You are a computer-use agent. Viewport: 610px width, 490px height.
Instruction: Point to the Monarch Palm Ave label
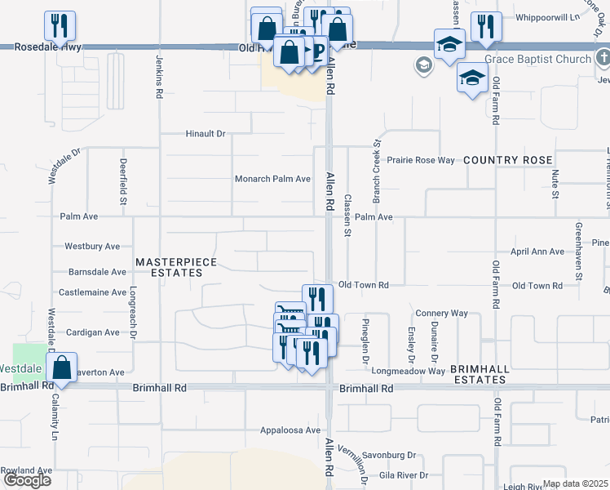tap(272, 179)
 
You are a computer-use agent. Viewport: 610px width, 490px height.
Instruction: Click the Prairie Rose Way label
tap(420, 160)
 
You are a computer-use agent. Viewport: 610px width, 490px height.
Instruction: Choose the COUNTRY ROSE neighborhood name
tap(508, 160)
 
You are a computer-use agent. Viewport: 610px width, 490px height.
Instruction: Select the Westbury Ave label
tap(92, 246)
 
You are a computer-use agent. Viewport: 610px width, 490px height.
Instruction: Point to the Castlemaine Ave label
tap(92, 292)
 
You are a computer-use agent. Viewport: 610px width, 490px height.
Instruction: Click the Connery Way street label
tap(441, 313)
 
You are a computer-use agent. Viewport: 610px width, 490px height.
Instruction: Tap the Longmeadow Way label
tap(409, 371)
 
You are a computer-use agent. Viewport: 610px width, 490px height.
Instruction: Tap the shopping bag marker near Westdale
tap(61, 368)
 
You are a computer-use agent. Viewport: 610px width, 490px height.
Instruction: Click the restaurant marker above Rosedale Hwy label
tap(60, 26)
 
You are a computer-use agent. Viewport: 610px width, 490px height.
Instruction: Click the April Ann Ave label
tap(537, 252)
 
